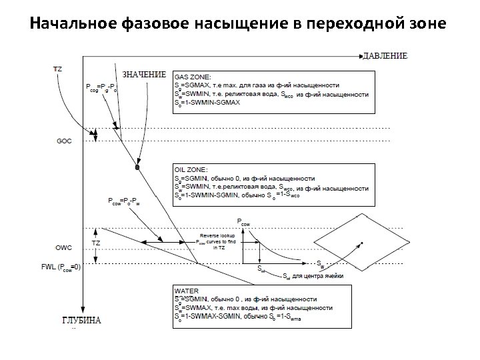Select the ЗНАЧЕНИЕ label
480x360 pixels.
[143, 75]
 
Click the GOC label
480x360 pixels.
[65, 141]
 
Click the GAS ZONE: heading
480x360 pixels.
[193, 76]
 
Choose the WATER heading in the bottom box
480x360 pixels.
[187, 291]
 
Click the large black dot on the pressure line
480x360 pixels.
[137, 169]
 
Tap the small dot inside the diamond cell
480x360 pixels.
[362, 243]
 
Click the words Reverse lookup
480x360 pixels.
[215, 237]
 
